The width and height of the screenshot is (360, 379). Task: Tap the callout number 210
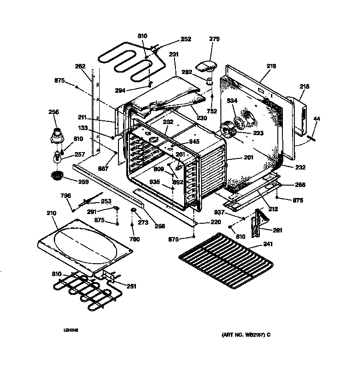[52, 213]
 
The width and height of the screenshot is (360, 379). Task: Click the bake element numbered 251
[83, 292]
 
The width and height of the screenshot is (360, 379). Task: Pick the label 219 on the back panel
[271, 66]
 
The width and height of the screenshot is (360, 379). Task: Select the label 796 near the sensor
[66, 196]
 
